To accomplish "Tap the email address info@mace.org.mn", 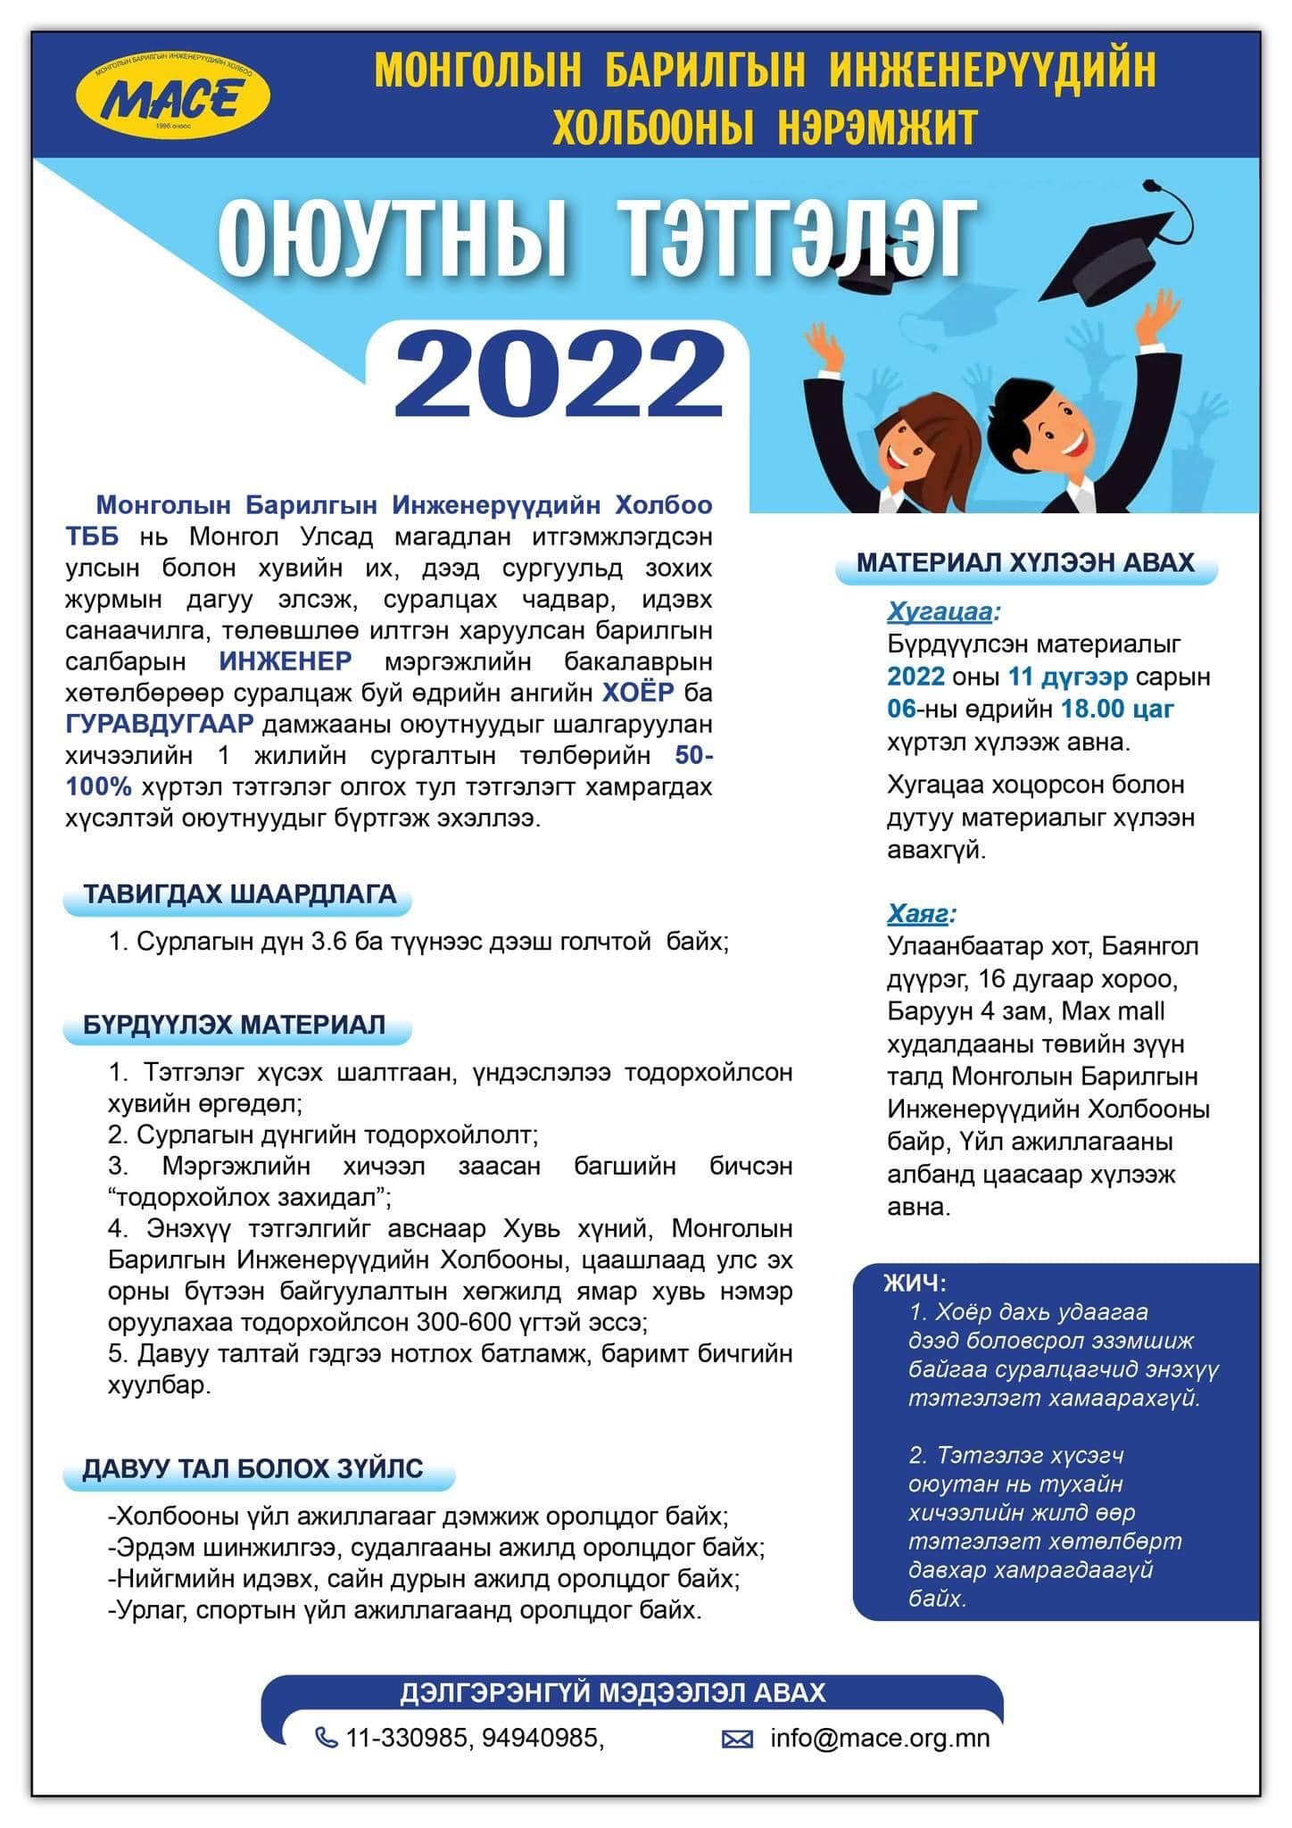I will (880, 1738).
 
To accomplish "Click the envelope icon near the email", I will (737, 1739).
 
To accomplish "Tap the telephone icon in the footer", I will (327, 1738).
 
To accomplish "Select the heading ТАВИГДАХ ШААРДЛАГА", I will (239, 894).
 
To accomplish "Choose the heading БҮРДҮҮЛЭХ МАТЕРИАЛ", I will (235, 1024).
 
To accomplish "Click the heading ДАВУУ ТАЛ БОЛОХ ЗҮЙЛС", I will (253, 1468).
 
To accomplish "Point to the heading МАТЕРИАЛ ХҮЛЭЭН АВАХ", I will (1025, 562).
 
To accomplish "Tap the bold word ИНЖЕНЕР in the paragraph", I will (286, 661).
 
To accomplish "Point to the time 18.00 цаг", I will (1117, 709).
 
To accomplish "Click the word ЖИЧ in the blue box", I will (913, 1283).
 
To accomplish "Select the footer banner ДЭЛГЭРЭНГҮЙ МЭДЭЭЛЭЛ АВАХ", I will (613, 1692).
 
